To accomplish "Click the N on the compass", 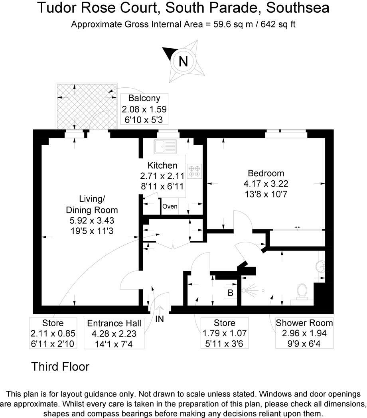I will click(183, 61).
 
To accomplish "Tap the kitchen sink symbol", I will click(165, 146).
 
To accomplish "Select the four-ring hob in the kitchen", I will click(195, 171).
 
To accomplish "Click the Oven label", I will click(170, 207).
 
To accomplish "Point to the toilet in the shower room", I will click(302, 291).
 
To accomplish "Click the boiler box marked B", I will click(230, 293).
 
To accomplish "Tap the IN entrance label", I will click(160, 319).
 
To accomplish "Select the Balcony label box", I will click(144, 109).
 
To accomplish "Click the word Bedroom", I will click(266, 174).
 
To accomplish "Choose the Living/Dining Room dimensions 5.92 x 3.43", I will click(92, 220).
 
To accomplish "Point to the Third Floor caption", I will click(60, 366).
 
